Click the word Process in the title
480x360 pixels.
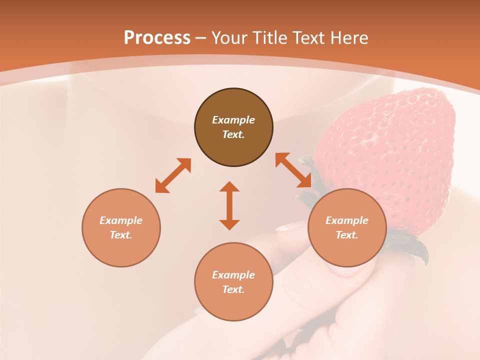tap(157, 37)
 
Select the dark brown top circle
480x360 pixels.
tap(233, 127)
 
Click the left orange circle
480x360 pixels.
tap(121, 227)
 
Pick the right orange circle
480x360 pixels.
tap(347, 227)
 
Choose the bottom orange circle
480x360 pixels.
tap(233, 282)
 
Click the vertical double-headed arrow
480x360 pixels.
tap(229, 205)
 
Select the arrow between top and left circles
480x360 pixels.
tap(173, 175)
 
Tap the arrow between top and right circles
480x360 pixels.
tap(293, 170)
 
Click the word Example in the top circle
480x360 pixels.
tap(233, 120)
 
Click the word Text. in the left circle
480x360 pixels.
tap(121, 235)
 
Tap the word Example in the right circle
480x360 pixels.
tap(347, 220)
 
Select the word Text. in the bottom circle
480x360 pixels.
tap(233, 289)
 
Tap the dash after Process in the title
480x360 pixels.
tap(200, 38)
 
